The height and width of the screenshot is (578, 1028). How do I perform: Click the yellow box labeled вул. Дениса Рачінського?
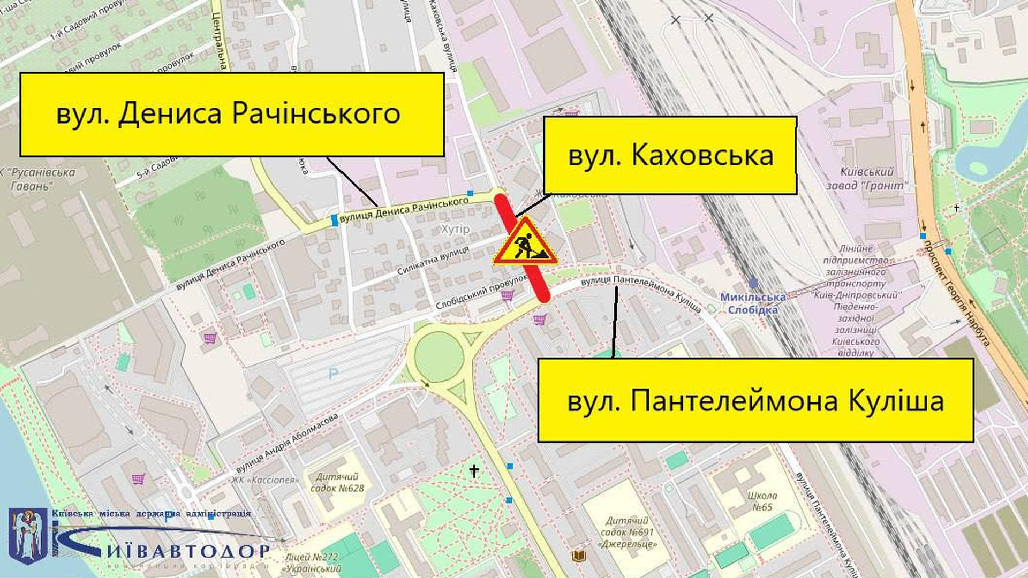232,115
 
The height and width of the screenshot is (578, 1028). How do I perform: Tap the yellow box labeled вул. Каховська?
670,155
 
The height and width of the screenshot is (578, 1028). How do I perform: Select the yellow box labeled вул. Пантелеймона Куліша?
755,400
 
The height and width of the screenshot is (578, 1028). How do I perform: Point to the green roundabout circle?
439,357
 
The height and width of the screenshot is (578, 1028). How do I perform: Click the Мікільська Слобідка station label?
753,303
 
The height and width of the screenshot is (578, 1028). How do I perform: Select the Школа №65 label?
762,501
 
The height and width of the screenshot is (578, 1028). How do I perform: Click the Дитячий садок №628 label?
337,482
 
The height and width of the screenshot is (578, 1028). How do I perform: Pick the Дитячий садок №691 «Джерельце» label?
628,532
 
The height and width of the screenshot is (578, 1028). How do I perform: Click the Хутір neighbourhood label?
455,229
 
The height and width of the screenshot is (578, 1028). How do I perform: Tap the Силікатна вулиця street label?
433,261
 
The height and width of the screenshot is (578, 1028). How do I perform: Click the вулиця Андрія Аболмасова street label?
287,443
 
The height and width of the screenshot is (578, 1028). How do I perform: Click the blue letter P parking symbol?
333,373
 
